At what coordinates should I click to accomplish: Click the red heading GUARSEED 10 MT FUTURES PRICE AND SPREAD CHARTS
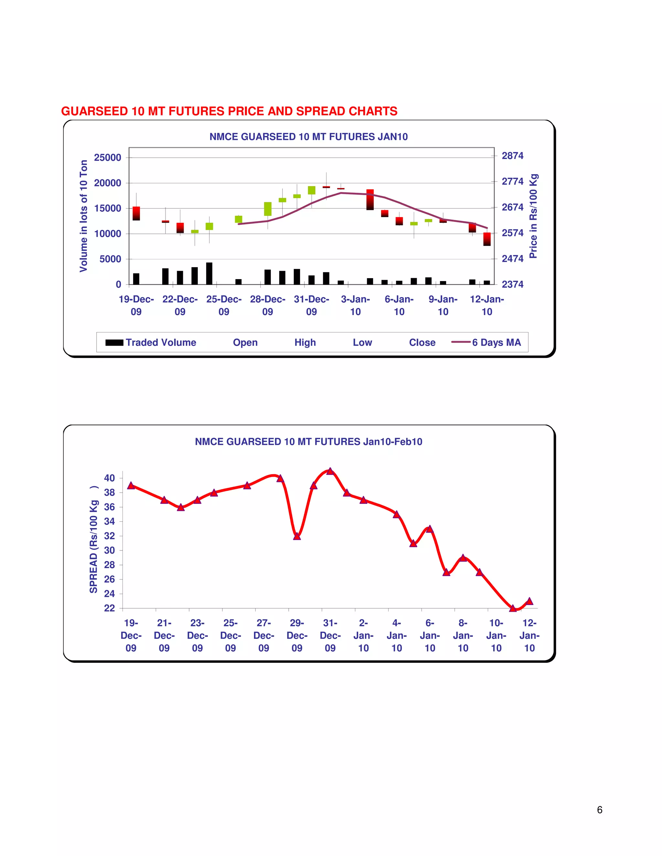pyautogui.click(x=229, y=111)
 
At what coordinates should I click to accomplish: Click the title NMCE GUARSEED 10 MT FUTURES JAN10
pyautogui.click(x=308, y=137)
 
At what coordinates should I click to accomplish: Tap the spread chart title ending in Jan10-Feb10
pyautogui.click(x=308, y=442)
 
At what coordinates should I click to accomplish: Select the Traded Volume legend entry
pyautogui.click(x=151, y=342)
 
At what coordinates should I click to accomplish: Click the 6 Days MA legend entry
pyautogui.click(x=486, y=342)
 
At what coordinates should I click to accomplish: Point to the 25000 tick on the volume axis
pyautogui.click(x=107, y=158)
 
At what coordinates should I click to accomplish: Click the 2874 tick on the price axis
pyautogui.click(x=513, y=156)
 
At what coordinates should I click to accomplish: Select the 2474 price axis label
pyautogui.click(x=513, y=259)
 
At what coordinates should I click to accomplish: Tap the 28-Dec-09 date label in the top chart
pyautogui.click(x=267, y=305)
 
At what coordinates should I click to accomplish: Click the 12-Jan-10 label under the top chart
pyautogui.click(x=487, y=305)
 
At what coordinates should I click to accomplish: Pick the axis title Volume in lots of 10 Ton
pyautogui.click(x=83, y=216)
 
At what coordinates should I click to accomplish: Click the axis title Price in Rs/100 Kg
pyautogui.click(x=533, y=216)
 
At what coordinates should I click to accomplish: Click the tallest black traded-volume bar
pyautogui.click(x=209, y=273)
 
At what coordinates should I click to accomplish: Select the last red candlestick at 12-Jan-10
pyautogui.click(x=487, y=239)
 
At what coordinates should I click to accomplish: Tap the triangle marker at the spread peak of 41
pyautogui.click(x=330, y=471)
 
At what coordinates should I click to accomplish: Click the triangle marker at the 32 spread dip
pyautogui.click(x=297, y=536)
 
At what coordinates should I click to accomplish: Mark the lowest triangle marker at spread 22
pyautogui.click(x=513, y=608)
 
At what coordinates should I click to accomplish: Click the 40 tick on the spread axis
pyautogui.click(x=110, y=478)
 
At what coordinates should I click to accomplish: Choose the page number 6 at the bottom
pyautogui.click(x=599, y=810)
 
